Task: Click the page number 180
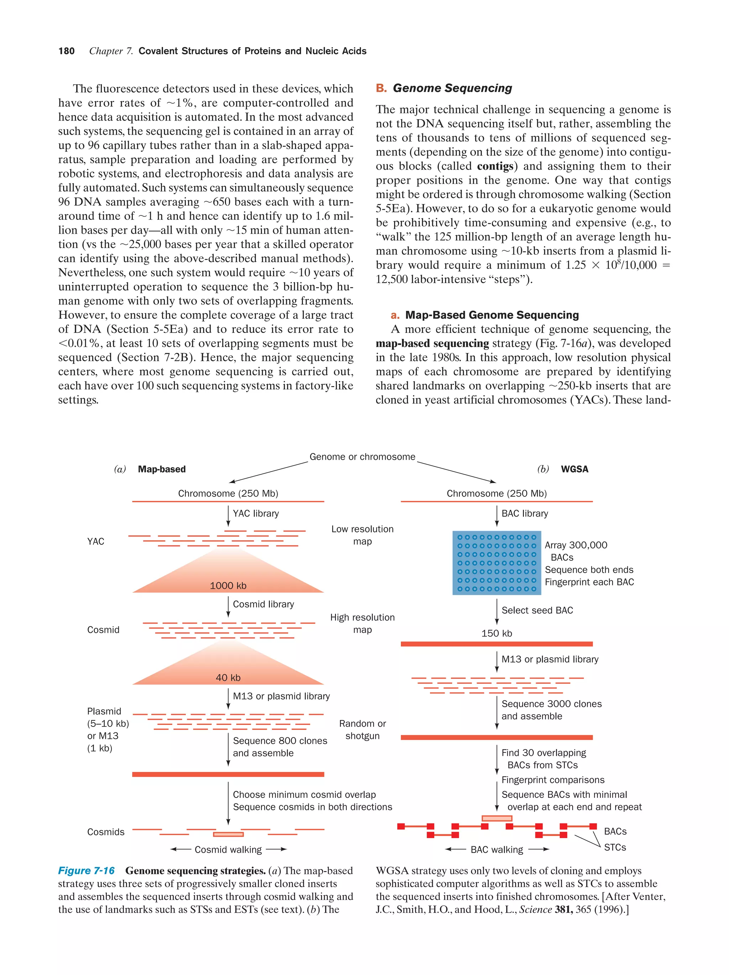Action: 67,51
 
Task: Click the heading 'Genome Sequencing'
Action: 452,88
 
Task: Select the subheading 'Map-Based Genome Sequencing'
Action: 492,315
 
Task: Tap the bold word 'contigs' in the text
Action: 495,166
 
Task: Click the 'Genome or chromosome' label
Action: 362,457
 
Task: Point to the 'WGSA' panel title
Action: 574,469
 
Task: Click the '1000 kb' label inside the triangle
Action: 228,586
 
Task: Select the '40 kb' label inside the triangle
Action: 228,678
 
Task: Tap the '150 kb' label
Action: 497,634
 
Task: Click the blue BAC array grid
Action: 497,563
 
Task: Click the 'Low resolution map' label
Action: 362,535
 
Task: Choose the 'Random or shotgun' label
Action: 362,730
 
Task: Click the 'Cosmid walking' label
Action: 228,849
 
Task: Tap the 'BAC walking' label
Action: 497,849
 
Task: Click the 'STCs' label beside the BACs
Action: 615,847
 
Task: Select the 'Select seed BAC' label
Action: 537,610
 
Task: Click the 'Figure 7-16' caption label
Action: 86,870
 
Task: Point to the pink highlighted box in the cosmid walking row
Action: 228,834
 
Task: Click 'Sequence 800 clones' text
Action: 280,741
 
